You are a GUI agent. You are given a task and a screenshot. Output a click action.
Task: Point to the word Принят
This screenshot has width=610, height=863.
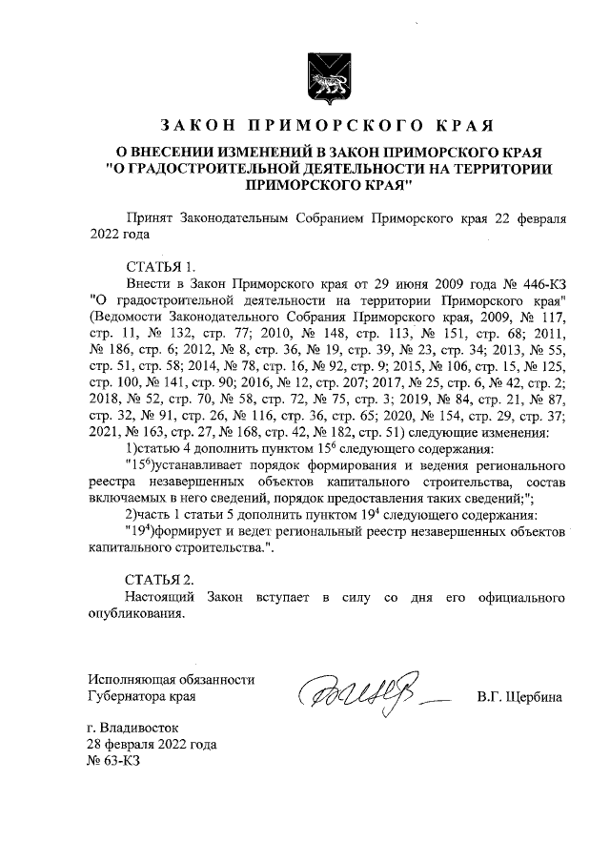click(x=151, y=217)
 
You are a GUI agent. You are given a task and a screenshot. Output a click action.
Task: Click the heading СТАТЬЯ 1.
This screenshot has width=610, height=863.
click(x=161, y=265)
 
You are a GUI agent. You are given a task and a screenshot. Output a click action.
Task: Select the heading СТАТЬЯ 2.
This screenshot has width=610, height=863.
click(x=162, y=579)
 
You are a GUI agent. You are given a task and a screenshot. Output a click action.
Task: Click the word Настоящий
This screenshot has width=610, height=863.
click(x=161, y=597)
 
